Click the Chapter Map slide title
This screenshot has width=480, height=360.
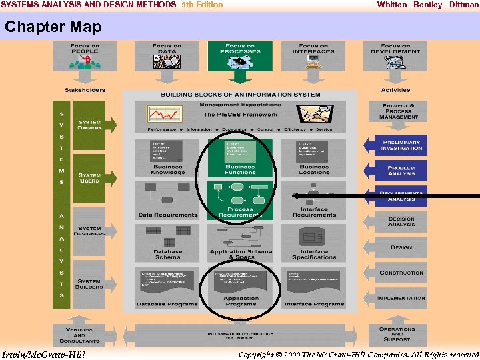click(x=53, y=27)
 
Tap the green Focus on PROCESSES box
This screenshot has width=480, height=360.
click(x=240, y=57)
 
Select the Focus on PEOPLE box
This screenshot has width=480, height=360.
click(x=85, y=57)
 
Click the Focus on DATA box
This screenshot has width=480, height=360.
click(x=166, y=57)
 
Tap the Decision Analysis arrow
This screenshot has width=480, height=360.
click(x=400, y=221)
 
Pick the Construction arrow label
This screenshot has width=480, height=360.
click(x=401, y=273)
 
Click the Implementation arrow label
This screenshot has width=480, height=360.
click(x=401, y=298)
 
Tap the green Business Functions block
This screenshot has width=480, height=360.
click(x=240, y=158)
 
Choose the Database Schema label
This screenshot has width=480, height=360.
click(x=167, y=254)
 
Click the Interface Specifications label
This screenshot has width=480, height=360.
click(x=314, y=254)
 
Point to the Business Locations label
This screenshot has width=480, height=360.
click(x=314, y=169)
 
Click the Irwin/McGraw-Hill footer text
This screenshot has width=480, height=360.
click(x=44, y=354)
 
